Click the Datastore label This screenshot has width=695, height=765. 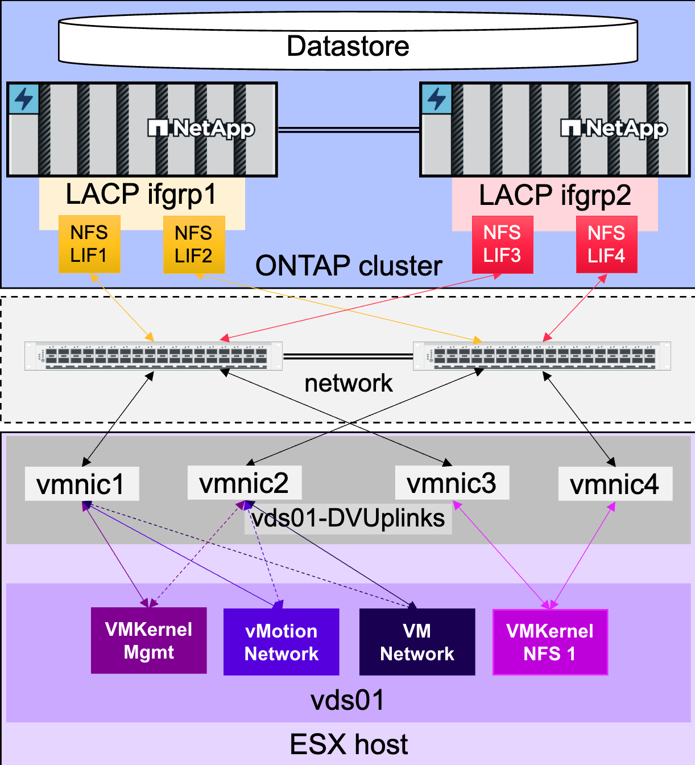(x=348, y=46)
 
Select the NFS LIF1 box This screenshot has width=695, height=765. (x=89, y=244)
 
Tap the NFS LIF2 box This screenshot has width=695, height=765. (x=194, y=244)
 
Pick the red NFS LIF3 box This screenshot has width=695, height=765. (x=503, y=244)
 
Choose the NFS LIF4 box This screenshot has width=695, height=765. (x=607, y=244)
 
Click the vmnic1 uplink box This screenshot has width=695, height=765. (x=82, y=484)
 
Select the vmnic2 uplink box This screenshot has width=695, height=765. (x=245, y=483)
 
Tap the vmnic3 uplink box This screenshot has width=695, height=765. (x=452, y=483)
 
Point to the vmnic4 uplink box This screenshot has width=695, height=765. (x=615, y=484)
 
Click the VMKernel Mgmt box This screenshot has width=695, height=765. (x=149, y=641)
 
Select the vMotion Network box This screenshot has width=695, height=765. (x=281, y=642)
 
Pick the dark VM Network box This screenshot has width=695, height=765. (x=417, y=642)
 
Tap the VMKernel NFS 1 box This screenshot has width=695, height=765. (x=550, y=642)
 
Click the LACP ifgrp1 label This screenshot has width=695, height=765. (x=141, y=195)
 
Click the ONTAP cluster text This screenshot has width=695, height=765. (x=349, y=266)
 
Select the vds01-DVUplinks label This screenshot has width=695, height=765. (x=348, y=519)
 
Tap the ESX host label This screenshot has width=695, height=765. (x=349, y=745)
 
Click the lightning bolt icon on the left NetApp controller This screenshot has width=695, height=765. (x=24, y=99)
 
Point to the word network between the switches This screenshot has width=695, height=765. (x=348, y=383)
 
